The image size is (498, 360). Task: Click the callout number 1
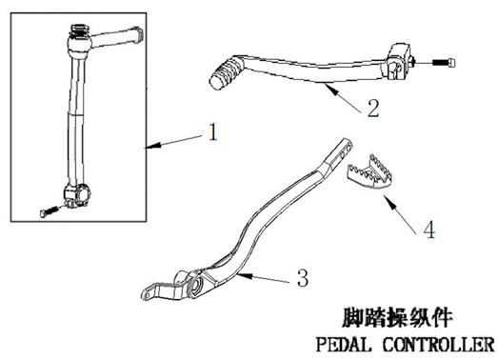(213, 132)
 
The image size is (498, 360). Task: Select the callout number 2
(373, 109)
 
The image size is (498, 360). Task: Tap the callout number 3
(303, 278)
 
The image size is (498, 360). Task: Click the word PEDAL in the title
(344, 345)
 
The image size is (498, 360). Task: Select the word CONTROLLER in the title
(439, 345)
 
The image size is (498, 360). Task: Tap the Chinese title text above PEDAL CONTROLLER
(397, 317)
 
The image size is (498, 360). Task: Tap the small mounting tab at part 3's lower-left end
(149, 292)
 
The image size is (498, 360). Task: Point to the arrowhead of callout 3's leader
(245, 275)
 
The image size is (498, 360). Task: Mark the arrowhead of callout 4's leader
(389, 202)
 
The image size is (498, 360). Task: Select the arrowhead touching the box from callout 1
(152, 146)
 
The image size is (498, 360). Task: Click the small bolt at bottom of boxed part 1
(50, 211)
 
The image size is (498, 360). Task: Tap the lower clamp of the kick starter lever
(77, 195)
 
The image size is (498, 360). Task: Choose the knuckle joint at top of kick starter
(79, 41)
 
